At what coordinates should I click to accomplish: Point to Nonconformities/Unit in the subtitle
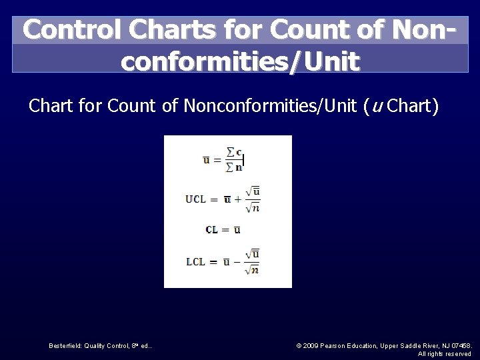tap(271, 106)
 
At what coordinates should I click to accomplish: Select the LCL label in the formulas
tap(195, 261)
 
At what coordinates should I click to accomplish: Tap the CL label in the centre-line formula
tap(211, 230)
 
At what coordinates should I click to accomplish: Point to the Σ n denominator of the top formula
tap(234, 167)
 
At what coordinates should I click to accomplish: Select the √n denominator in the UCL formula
tap(251, 207)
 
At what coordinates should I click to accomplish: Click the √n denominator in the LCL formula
tap(251, 269)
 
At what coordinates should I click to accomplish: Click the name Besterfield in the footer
tap(65, 345)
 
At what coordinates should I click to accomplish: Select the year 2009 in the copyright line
tap(311, 345)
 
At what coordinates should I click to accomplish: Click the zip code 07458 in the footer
tap(460, 345)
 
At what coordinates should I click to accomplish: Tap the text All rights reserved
tap(445, 353)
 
